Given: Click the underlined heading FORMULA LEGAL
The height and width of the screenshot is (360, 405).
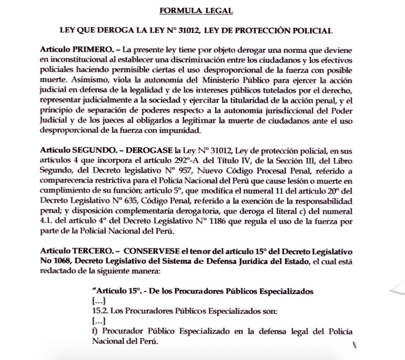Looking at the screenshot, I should [196, 11].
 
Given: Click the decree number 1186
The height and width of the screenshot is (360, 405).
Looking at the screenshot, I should [229, 221].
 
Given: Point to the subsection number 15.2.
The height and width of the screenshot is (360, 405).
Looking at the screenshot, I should [97, 310].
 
